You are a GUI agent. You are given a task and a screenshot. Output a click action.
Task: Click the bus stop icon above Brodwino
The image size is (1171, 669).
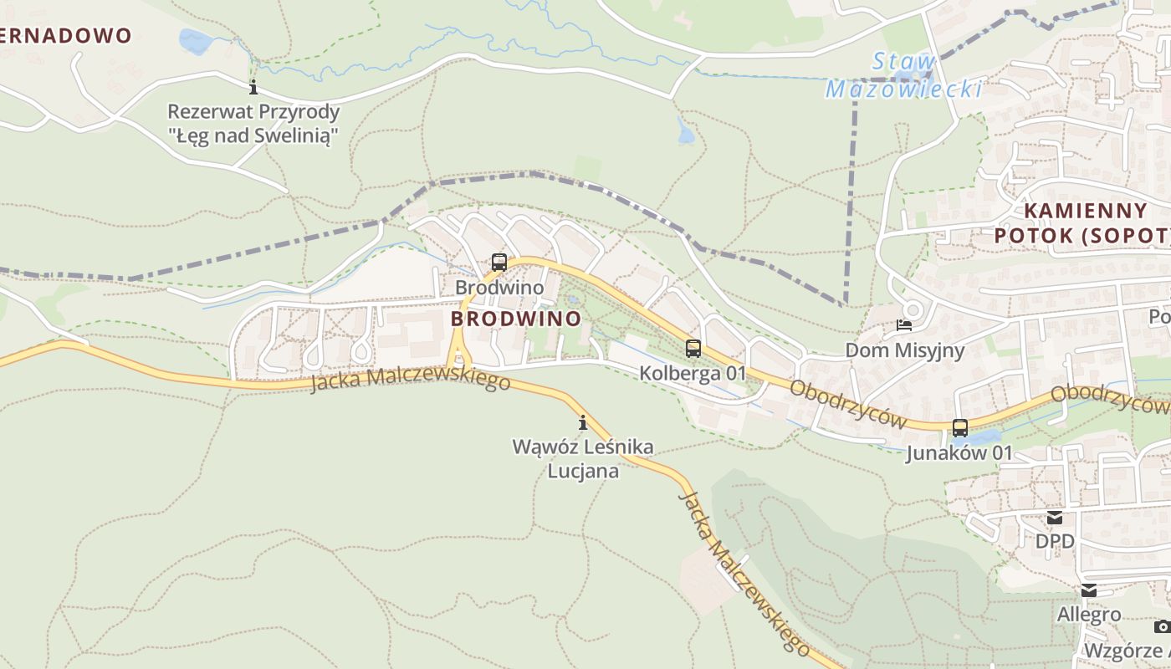(x=499, y=262)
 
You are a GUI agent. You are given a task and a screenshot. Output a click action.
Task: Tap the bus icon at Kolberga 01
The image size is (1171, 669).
(x=693, y=349)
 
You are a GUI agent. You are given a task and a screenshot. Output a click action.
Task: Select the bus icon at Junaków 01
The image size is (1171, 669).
(x=960, y=428)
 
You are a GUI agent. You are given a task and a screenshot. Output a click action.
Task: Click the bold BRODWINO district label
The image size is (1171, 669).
(x=515, y=319)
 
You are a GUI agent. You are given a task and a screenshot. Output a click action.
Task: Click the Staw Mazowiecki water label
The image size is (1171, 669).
(x=903, y=75)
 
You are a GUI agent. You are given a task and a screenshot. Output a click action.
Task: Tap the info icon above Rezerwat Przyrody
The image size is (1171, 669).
(x=253, y=87)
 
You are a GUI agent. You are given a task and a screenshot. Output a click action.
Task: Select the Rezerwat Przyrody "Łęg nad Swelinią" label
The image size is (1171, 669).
(x=253, y=124)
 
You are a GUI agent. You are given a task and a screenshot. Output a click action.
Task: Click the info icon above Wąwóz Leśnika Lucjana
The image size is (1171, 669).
(x=583, y=422)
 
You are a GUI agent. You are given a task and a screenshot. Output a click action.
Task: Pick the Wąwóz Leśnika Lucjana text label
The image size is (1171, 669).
(x=583, y=458)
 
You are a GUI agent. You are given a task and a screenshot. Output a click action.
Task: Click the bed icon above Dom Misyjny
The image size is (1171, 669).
(x=904, y=324)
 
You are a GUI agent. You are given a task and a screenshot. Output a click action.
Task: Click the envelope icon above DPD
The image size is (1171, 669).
(x=1055, y=518)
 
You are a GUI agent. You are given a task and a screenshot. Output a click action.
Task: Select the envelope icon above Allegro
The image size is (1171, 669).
(x=1088, y=590)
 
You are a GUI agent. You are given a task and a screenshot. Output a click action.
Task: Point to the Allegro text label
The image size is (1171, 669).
(x=1088, y=615)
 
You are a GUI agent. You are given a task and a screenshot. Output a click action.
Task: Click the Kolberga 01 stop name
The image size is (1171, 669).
(x=692, y=373)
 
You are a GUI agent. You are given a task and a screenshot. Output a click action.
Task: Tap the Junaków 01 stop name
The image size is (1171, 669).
(x=959, y=453)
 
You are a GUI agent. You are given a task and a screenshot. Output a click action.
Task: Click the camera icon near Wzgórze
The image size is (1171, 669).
(x=1162, y=626)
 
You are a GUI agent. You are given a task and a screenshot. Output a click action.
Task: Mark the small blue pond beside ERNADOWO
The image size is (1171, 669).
(x=194, y=40)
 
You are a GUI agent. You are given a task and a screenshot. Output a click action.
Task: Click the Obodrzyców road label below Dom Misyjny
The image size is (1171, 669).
(x=847, y=404)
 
